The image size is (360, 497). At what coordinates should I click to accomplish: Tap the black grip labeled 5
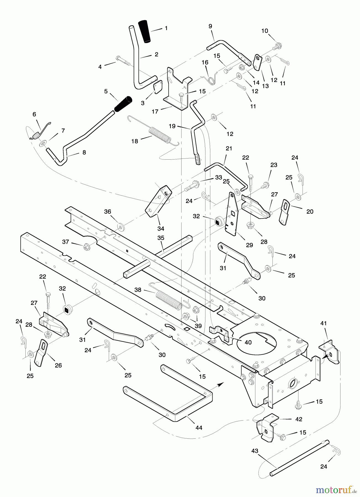[x=123, y=104]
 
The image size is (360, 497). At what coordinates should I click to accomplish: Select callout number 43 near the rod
[x=255, y=451]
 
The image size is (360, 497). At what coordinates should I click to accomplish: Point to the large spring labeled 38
[x=168, y=300]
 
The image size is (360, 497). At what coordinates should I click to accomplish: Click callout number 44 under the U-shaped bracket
[x=199, y=428]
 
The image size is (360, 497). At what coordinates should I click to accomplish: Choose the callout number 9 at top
[x=210, y=26]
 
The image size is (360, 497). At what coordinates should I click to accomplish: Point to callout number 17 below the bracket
[x=155, y=112]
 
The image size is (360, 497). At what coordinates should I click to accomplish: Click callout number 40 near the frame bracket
[x=248, y=342]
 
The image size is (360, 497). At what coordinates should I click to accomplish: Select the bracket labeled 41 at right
[x=329, y=353]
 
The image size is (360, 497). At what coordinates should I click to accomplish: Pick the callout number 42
[x=298, y=419]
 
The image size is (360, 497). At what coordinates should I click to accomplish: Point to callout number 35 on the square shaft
[x=161, y=238]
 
